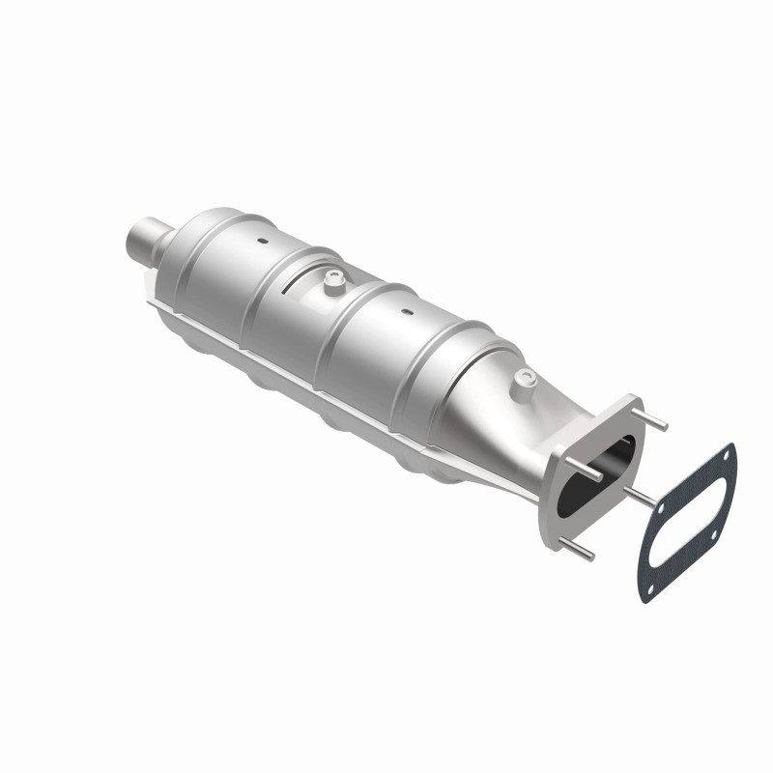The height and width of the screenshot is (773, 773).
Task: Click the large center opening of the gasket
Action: coord(688,522)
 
